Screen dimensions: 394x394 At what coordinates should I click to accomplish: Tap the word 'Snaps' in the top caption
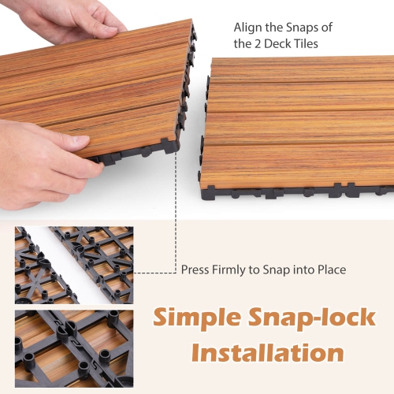click(x=299, y=27)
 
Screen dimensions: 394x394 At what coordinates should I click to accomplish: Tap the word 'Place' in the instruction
click(x=329, y=269)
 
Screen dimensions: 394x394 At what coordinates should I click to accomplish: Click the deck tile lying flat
click(x=299, y=126)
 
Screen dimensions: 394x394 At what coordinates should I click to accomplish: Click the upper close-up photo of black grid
click(x=75, y=265)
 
